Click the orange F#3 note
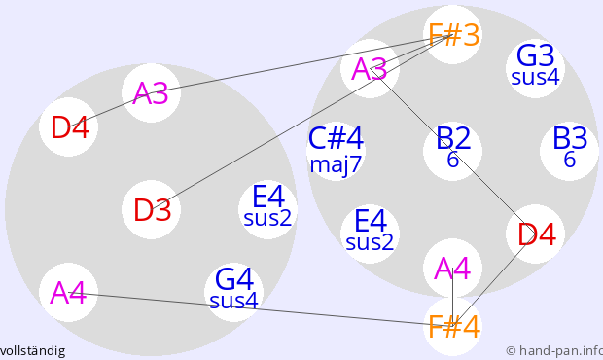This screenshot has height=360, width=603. pyautogui.click(x=452, y=35)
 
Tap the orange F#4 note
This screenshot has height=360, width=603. pyautogui.click(x=452, y=327)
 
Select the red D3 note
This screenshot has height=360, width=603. pyautogui.click(x=151, y=209)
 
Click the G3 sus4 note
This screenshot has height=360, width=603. pyautogui.click(x=535, y=68)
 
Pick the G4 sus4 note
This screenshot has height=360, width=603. pyautogui.click(x=233, y=292)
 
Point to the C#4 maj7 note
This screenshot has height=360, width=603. pyautogui.click(x=336, y=151)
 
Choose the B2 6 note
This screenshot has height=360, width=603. pyautogui.click(x=452, y=151)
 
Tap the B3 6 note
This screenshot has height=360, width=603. pyautogui.click(x=570, y=151)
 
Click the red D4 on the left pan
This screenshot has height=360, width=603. pyautogui.click(x=68, y=126)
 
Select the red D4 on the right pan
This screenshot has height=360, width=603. pyautogui.click(x=535, y=234)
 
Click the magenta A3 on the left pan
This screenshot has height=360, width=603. pyautogui.click(x=151, y=92)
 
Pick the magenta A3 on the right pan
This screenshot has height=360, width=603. pyautogui.click(x=370, y=68)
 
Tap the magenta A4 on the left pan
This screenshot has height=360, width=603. pyautogui.click(x=68, y=292)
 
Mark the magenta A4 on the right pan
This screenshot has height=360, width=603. pyautogui.click(x=452, y=269)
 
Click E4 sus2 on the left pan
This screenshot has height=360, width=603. pyautogui.click(x=268, y=209)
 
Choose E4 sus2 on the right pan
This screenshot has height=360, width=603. pyautogui.click(x=370, y=234)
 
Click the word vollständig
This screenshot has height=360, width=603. pyautogui.click(x=33, y=351)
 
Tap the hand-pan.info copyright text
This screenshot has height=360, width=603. pyautogui.click(x=554, y=351)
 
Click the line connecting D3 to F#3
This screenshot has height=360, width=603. pyautogui.click(x=301, y=123)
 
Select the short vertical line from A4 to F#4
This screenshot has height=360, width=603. pyautogui.click(x=452, y=298)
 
